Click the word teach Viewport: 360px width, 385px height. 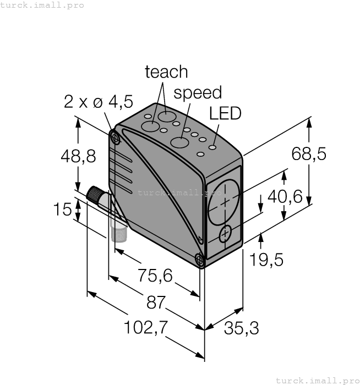point(166,72)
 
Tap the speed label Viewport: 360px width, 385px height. point(198,92)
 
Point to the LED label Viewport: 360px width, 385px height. point(225,113)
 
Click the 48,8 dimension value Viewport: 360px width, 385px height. point(78,156)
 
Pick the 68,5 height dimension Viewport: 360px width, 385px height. point(309,154)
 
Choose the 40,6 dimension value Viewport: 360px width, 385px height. point(285,196)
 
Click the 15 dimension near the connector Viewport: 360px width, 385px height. point(64,210)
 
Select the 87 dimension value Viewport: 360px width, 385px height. point(158,302)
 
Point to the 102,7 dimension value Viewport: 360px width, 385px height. point(139,327)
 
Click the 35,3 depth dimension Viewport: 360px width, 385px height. point(241,328)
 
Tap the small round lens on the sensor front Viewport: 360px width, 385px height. point(226,235)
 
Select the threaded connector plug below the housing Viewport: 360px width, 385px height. point(118,230)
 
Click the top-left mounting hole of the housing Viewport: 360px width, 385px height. point(115,138)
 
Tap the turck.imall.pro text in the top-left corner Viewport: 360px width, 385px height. point(42,5)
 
